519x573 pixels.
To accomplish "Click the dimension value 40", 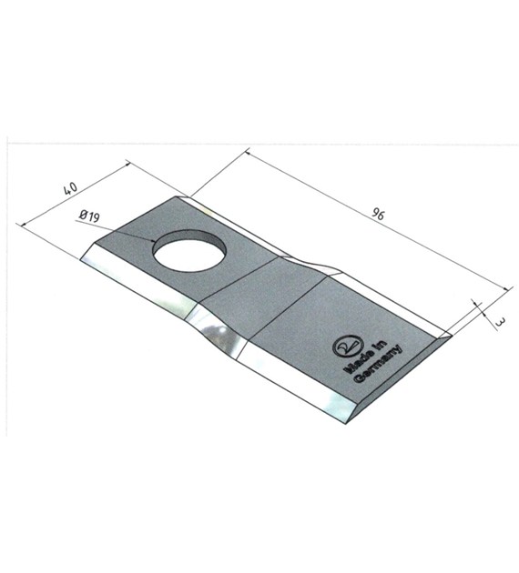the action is pyautogui.click(x=71, y=188).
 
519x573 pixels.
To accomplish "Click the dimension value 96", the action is pyautogui.click(x=378, y=214).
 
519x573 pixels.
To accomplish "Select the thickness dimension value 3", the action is pyautogui.click(x=501, y=322).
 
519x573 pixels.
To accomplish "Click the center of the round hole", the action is pyautogui.click(x=189, y=250).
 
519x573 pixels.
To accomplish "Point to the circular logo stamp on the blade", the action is pyautogui.click(x=346, y=347).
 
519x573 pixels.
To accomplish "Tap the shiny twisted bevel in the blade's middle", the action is pyautogui.click(x=216, y=329).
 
